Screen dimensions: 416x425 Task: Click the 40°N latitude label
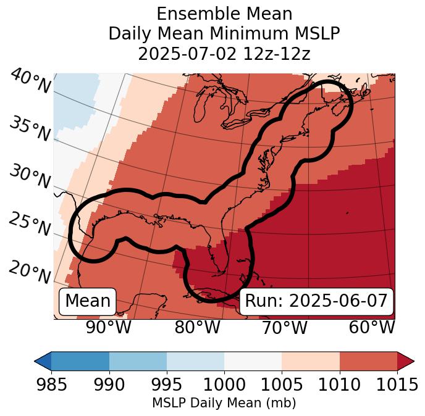coord(30,81)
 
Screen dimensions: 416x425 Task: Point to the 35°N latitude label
coord(30,129)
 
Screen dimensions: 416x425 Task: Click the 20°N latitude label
coord(30,272)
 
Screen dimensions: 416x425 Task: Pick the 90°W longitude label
coord(109,327)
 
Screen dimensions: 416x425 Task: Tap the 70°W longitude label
coord(284,327)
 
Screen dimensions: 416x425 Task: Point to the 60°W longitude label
coord(371,327)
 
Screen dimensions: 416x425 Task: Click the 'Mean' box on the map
coord(88,301)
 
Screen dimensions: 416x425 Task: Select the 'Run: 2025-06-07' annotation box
coord(316,301)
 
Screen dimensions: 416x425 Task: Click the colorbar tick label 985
coord(51,385)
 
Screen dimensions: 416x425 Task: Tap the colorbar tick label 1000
coord(224,385)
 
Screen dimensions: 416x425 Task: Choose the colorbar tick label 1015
coord(397,385)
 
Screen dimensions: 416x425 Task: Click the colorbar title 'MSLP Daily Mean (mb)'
coord(224,404)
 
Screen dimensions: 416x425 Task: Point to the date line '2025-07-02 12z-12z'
coord(224,54)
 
